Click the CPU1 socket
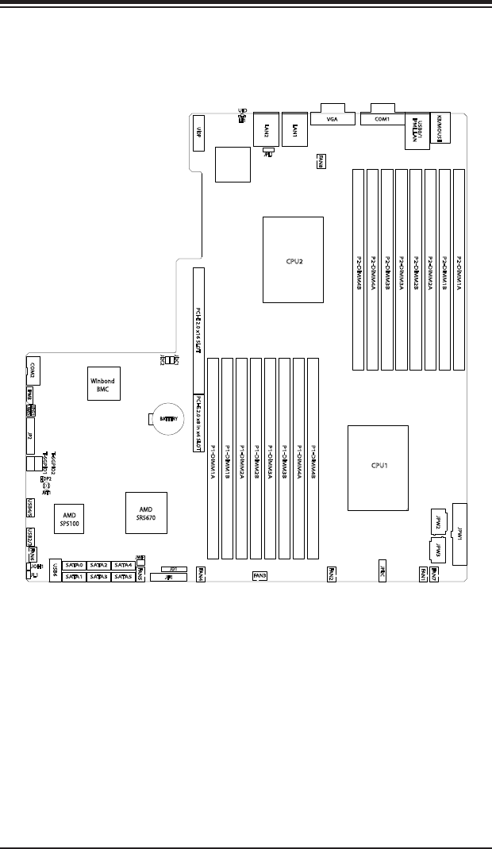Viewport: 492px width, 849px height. (x=378, y=466)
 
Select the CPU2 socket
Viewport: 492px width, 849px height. (x=293, y=259)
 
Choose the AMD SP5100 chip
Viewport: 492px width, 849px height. (x=69, y=517)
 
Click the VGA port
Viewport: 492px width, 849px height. (x=333, y=120)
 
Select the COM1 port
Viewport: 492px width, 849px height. (x=382, y=120)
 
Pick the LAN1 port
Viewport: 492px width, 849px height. (x=294, y=127)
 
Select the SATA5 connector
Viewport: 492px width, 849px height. (x=123, y=577)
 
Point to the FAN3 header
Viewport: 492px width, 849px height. (x=259, y=575)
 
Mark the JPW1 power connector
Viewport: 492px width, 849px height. (x=459, y=534)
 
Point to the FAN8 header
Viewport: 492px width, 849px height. (x=320, y=160)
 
